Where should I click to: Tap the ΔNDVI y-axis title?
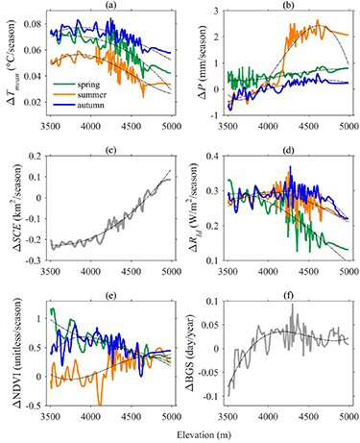12,348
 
